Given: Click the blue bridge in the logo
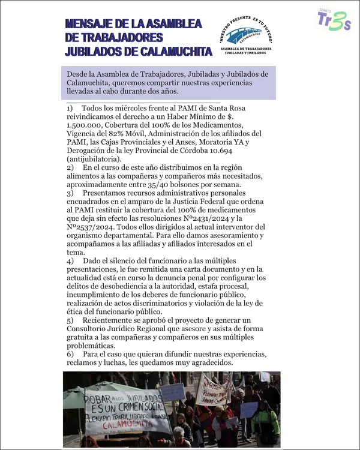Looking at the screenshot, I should (x=244, y=33).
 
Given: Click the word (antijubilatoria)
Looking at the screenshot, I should (x=94, y=159).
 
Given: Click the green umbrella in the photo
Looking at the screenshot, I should (x=96, y=387).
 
